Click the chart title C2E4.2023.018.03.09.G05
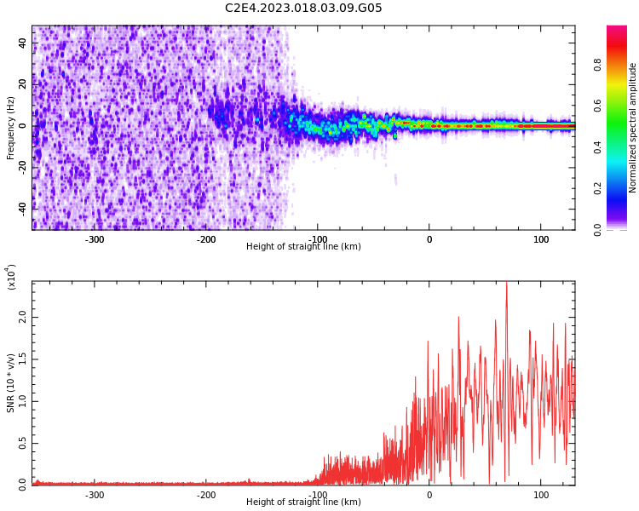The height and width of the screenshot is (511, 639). (x=303, y=9)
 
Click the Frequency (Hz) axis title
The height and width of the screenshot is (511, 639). (x=11, y=128)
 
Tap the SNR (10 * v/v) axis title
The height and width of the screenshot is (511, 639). (x=11, y=384)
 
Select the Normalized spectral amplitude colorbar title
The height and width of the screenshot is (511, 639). (x=633, y=128)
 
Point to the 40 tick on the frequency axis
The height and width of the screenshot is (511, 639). (x=23, y=43)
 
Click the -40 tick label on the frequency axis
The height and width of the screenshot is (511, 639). (x=20, y=207)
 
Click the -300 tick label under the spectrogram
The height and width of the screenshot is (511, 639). (x=95, y=239)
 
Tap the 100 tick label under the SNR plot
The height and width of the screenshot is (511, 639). (x=541, y=495)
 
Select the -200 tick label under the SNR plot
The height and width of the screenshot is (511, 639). (x=206, y=495)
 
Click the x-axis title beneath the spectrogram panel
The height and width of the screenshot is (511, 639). (x=303, y=247)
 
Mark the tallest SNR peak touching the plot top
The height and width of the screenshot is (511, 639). (x=506, y=284)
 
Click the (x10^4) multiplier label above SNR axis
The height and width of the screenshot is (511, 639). (x=11, y=277)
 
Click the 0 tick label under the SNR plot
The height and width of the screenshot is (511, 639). (x=429, y=495)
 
